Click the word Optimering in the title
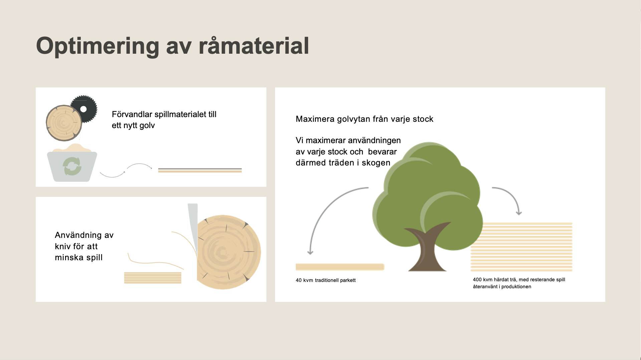(97, 46)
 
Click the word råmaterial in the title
(254, 46)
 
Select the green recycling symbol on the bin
(72, 166)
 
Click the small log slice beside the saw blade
(64, 123)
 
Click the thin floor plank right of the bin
(200, 170)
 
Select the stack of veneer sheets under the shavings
(153, 278)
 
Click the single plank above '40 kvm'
(340, 267)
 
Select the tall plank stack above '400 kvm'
(521, 247)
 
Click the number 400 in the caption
(477, 280)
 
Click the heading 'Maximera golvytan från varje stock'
(365, 119)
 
